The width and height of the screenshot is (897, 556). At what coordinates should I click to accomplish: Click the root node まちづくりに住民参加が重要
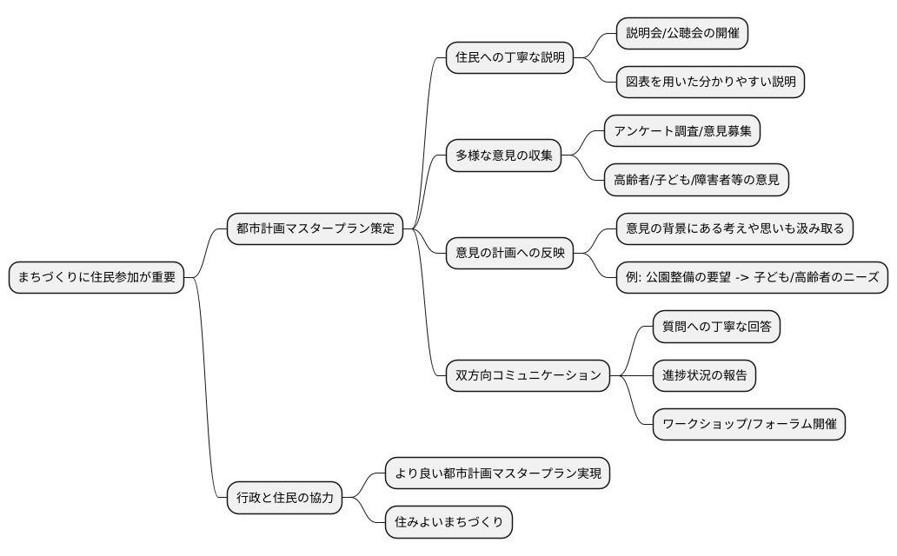[x=96, y=278]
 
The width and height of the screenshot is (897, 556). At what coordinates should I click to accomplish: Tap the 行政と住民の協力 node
[x=285, y=499]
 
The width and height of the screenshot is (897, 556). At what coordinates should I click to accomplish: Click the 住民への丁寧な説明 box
[x=509, y=58]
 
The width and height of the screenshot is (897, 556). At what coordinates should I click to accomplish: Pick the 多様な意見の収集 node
[x=503, y=156]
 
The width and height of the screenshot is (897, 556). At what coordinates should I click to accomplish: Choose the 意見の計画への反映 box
[x=509, y=254]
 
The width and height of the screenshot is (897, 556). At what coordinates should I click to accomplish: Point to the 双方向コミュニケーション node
[x=528, y=375]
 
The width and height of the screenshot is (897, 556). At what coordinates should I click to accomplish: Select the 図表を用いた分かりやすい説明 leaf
[x=710, y=83]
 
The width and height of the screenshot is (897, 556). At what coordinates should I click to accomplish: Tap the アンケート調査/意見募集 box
[x=682, y=131]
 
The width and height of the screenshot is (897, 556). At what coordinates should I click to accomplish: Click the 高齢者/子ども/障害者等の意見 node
[x=696, y=181]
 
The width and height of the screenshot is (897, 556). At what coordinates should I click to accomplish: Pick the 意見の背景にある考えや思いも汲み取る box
[x=734, y=229]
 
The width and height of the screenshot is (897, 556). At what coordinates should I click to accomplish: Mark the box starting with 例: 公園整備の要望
[x=752, y=278]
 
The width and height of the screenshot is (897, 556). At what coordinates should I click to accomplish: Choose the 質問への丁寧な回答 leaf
[x=716, y=327]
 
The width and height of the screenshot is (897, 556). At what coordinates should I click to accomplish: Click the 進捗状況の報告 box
[x=704, y=375]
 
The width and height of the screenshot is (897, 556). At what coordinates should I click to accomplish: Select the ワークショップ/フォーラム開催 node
[x=748, y=424]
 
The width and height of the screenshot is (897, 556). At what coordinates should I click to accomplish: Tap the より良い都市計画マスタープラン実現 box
[x=498, y=474]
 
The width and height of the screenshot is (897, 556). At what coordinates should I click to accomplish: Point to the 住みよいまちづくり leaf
[x=448, y=523]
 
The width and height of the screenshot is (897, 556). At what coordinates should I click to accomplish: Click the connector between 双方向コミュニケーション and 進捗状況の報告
[x=631, y=375]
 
